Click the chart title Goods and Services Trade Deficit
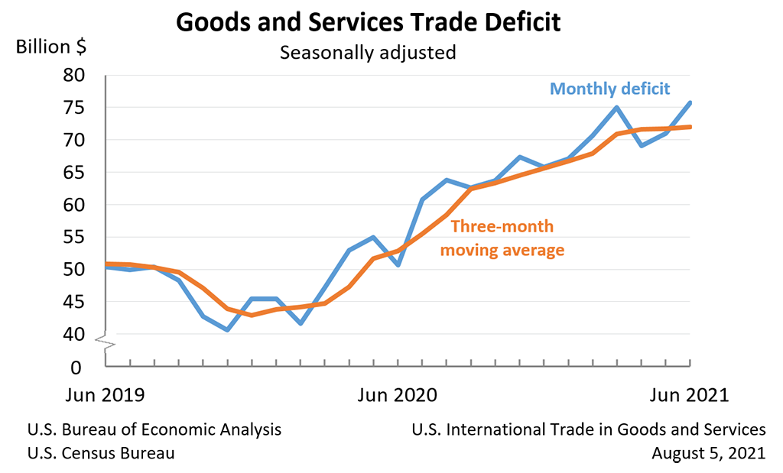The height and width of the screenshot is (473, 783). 368,22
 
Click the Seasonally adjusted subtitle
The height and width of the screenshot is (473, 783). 368,53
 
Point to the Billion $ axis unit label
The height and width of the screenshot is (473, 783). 51,47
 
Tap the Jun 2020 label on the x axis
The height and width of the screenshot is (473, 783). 398,395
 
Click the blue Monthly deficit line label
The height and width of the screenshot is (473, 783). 610,89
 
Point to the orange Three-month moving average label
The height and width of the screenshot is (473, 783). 502,238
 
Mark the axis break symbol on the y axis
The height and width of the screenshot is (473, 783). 106,343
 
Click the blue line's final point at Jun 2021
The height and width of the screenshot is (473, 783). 690,102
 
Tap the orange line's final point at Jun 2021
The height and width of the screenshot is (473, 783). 690,127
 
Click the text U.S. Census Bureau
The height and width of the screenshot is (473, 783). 100,453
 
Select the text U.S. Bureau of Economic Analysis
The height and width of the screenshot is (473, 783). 154,429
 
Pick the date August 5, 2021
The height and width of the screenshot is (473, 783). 708,453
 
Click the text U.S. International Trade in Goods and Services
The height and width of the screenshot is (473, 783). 588,429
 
